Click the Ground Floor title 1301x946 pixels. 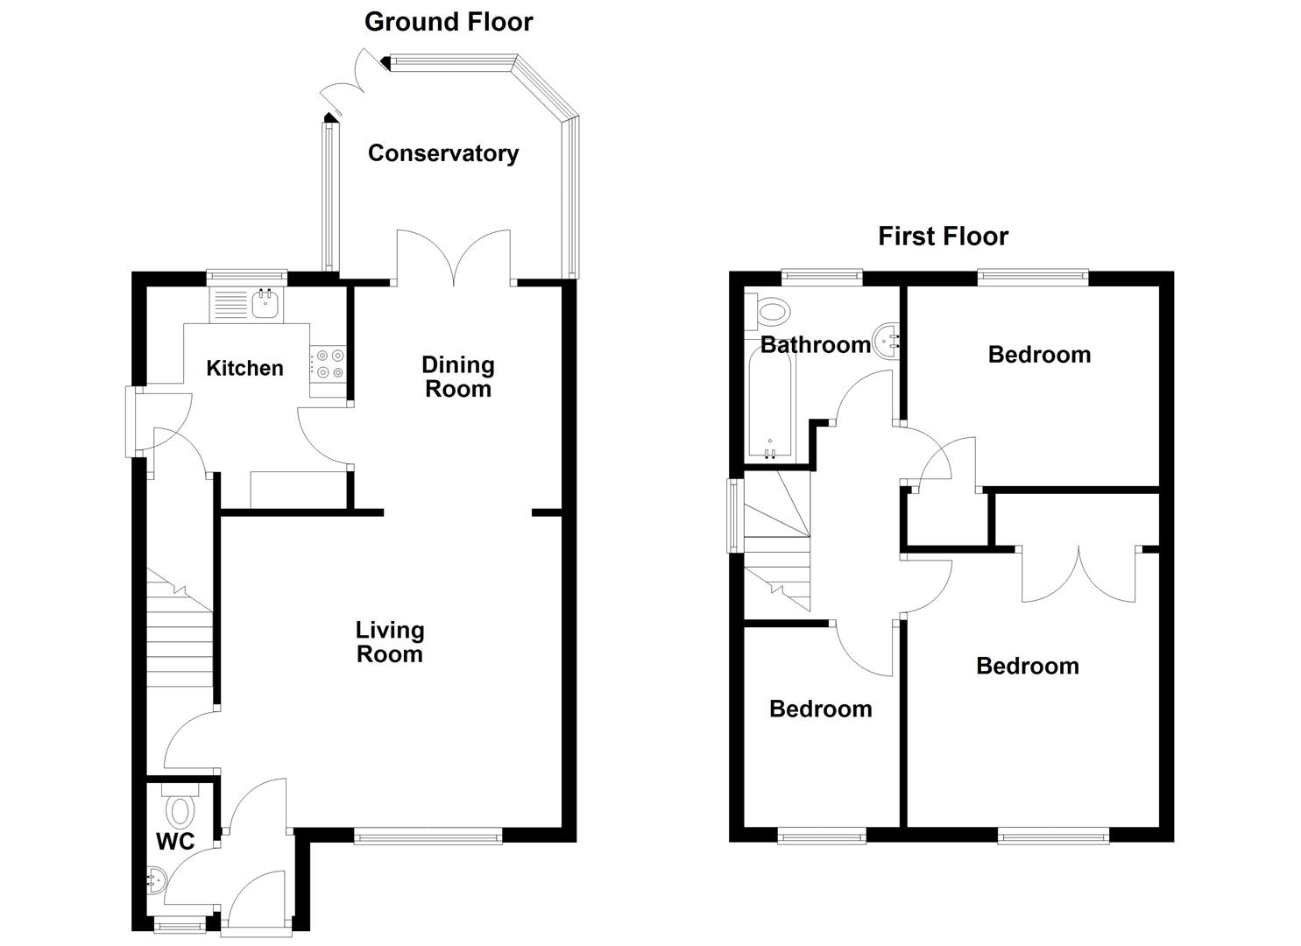pyautogui.click(x=449, y=22)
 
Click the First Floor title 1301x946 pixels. pyautogui.click(x=943, y=236)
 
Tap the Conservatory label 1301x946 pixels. pyautogui.click(x=442, y=153)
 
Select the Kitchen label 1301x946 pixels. pyautogui.click(x=244, y=368)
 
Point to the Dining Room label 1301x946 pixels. pyautogui.click(x=457, y=377)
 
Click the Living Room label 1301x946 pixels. pyautogui.click(x=389, y=642)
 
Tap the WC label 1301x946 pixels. pyautogui.click(x=175, y=842)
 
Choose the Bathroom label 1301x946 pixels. pyautogui.click(x=815, y=344)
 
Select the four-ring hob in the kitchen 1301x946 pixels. pyautogui.click(x=330, y=364)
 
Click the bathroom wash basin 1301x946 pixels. pyautogui.click(x=887, y=340)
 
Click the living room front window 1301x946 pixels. pyautogui.click(x=428, y=837)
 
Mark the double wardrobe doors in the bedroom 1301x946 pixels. pyautogui.click(x=1079, y=574)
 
